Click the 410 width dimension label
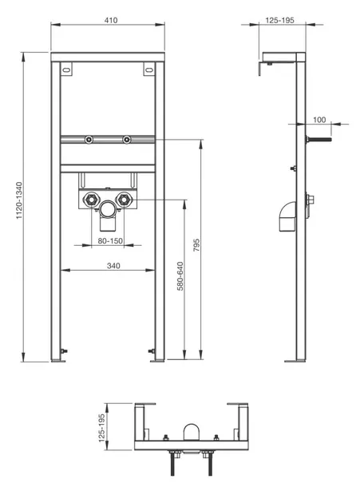[111, 20]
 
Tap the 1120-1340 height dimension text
[19, 200]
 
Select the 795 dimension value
[196, 245]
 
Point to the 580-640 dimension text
[180, 276]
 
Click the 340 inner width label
[113, 266]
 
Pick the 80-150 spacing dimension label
[110, 240]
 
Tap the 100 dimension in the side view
[319, 120]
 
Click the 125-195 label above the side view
[279, 20]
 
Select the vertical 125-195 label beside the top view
[101, 428]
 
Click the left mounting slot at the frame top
[66, 69]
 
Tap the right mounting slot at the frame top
[149, 69]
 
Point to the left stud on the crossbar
[89, 140]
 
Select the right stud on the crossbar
[127, 140]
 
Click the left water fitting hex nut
[92, 199]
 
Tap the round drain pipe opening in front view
[108, 209]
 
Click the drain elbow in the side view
[287, 216]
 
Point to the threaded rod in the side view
[318, 139]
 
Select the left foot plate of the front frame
[58, 360]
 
